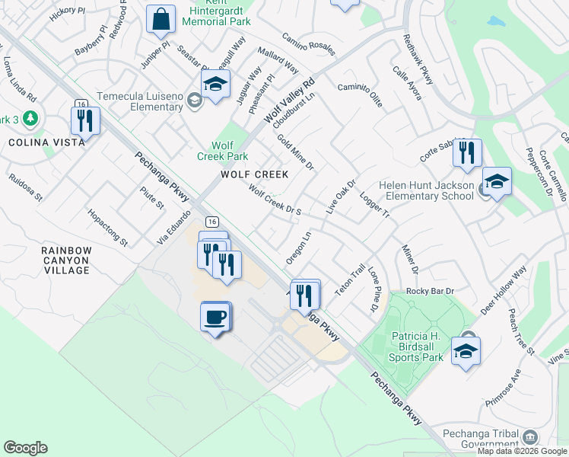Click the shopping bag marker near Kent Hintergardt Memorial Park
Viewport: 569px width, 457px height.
coord(161,20)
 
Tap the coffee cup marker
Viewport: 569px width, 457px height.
coord(215,317)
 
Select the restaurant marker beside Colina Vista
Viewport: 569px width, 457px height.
coord(84,121)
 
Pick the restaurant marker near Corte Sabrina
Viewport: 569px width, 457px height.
coord(467,152)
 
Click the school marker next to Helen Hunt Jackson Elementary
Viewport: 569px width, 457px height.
coord(497,182)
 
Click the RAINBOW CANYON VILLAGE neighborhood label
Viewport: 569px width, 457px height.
coord(66,260)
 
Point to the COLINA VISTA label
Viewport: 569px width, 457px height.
coord(37,142)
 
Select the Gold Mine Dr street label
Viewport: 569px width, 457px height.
coord(296,152)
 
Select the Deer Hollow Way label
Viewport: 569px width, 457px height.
coord(504,291)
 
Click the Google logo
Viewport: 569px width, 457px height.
coord(25,448)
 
